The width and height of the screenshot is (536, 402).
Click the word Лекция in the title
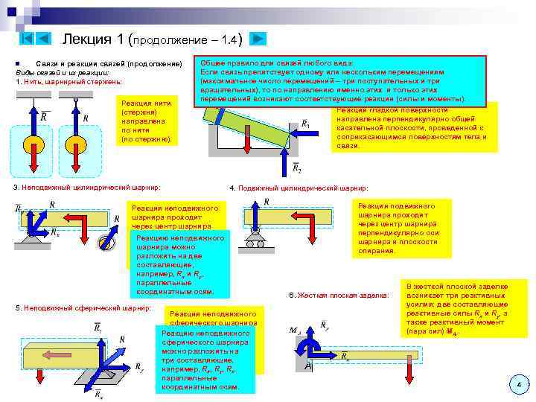[86, 39]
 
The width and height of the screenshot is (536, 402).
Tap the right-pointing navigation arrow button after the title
[256, 38]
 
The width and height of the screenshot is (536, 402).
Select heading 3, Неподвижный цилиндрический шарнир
[87, 187]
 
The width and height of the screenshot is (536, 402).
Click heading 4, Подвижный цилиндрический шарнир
[299, 188]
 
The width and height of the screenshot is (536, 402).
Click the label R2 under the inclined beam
[297, 169]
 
